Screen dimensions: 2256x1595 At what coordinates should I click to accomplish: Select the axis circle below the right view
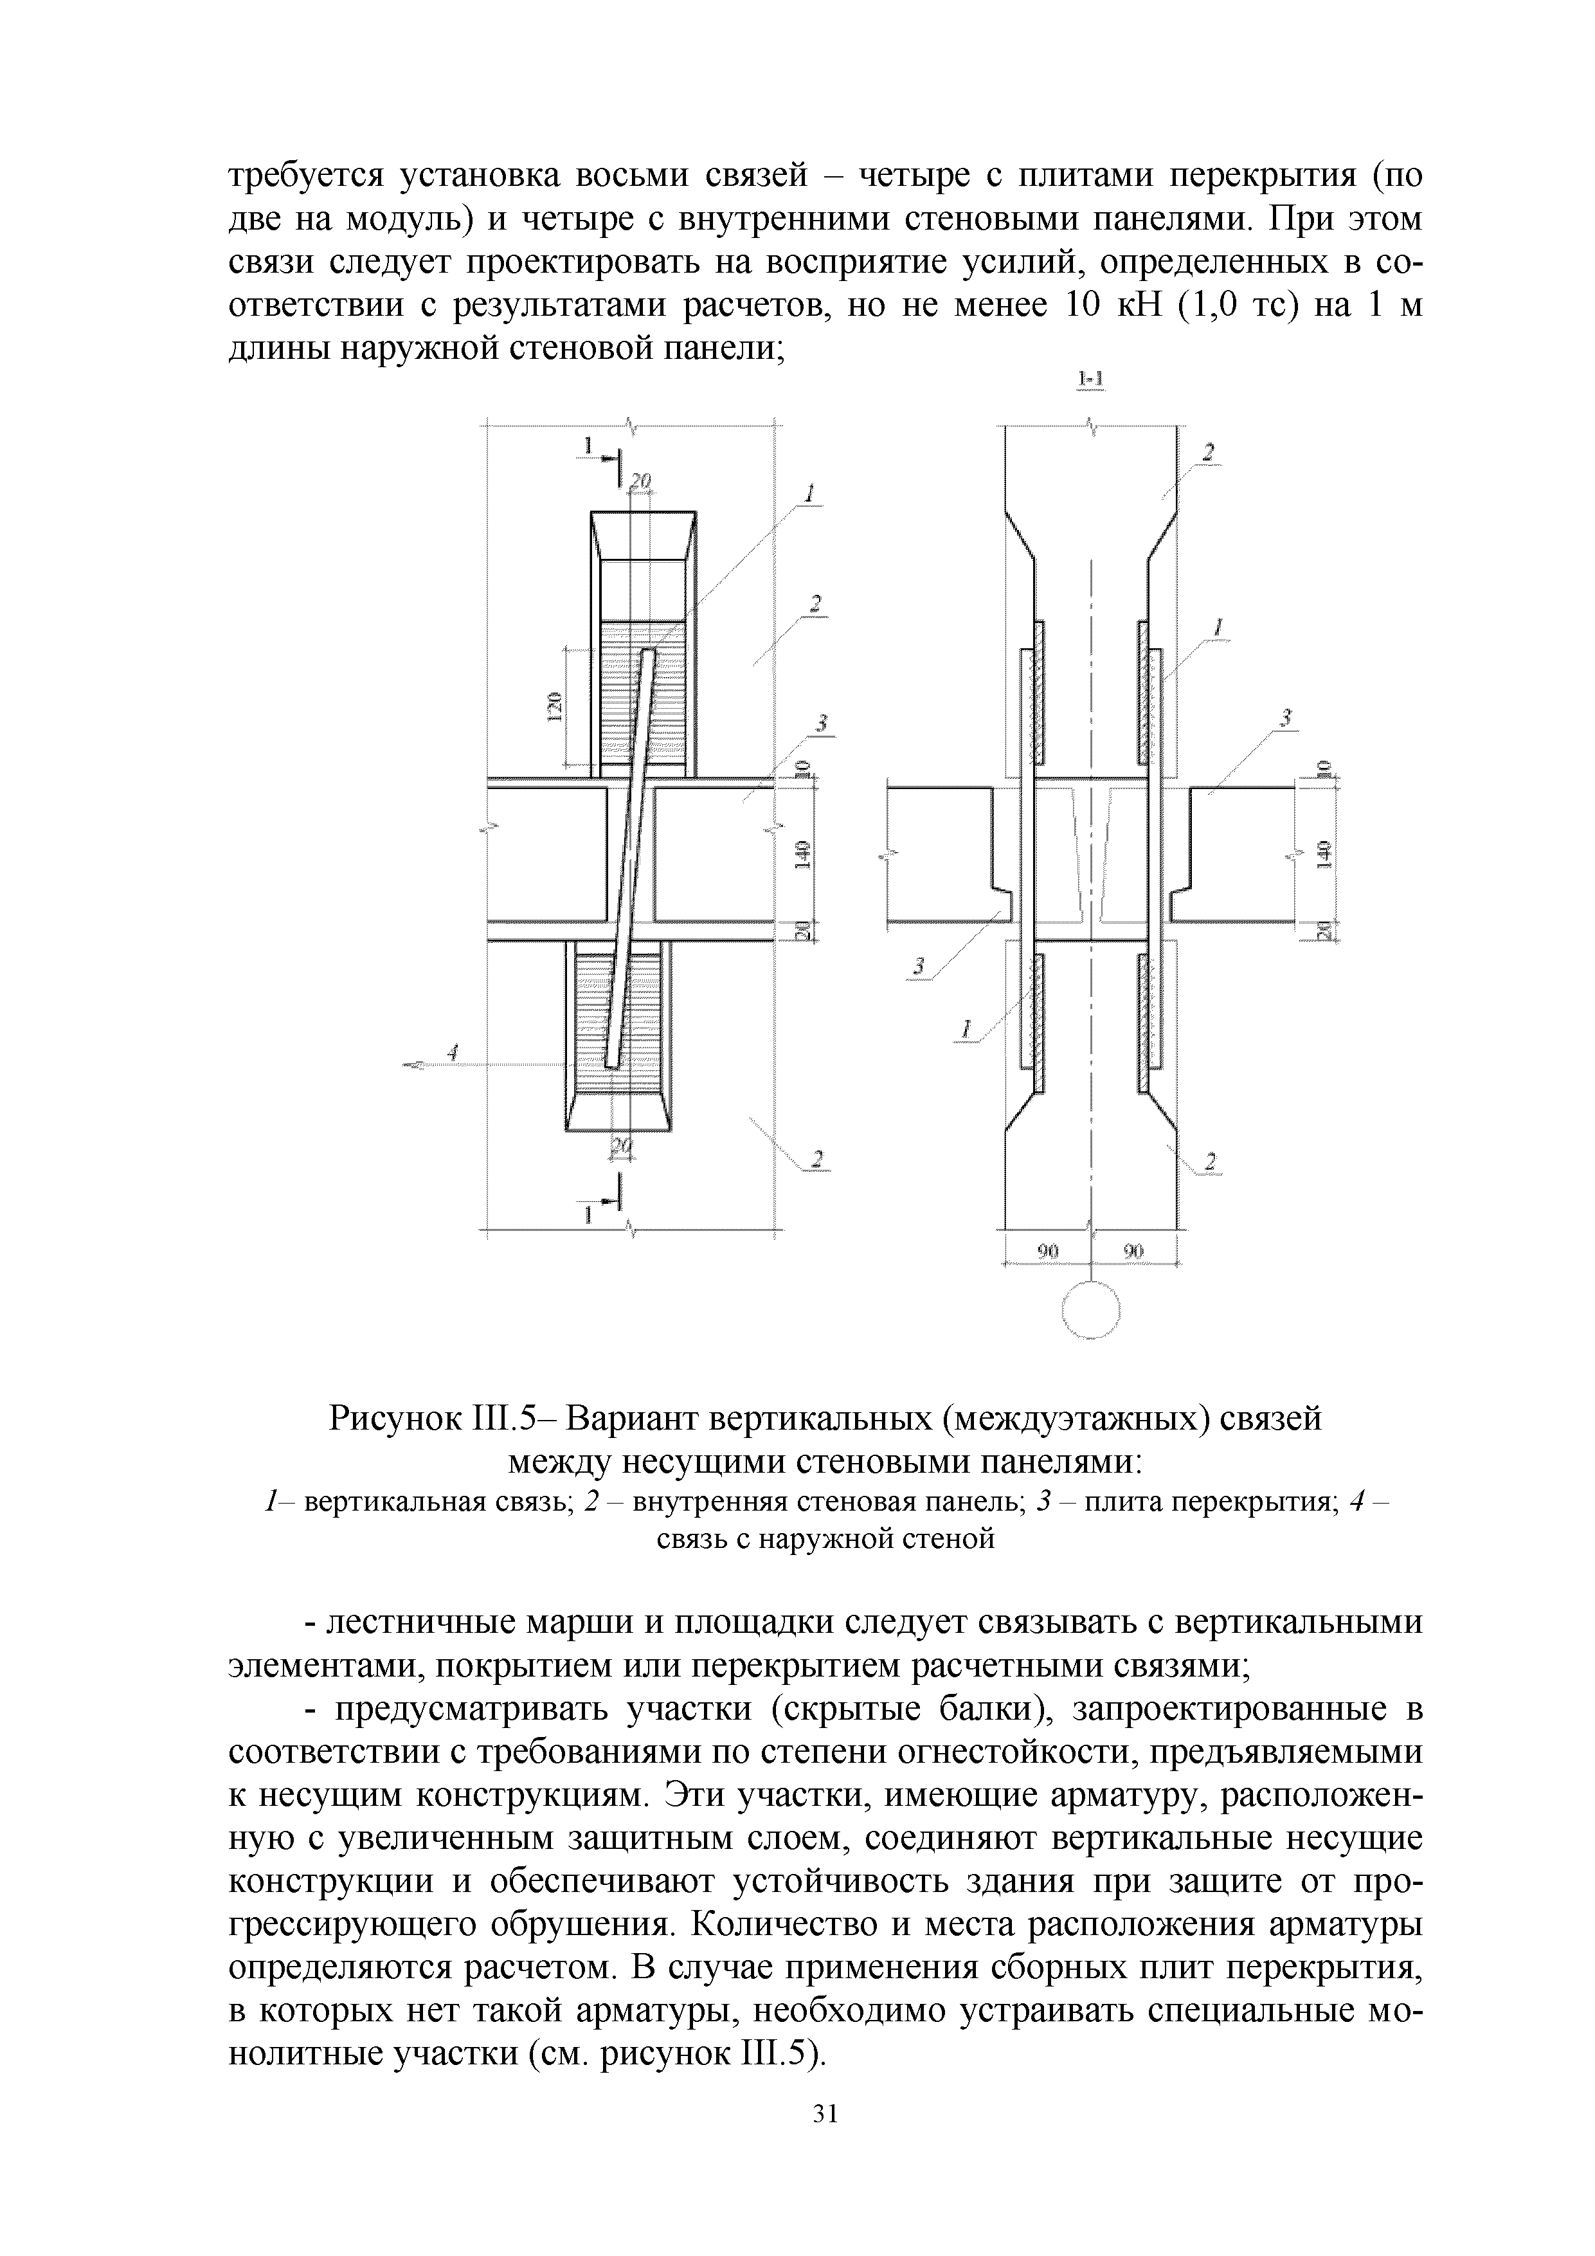click(1091, 1311)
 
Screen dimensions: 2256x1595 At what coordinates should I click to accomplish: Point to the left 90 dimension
click(1048, 1251)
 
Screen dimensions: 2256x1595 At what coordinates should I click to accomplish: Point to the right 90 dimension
click(1135, 1251)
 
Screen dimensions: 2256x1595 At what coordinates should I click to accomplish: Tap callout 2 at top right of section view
click(1209, 452)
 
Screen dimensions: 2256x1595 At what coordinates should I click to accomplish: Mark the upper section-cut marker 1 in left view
click(590, 447)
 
